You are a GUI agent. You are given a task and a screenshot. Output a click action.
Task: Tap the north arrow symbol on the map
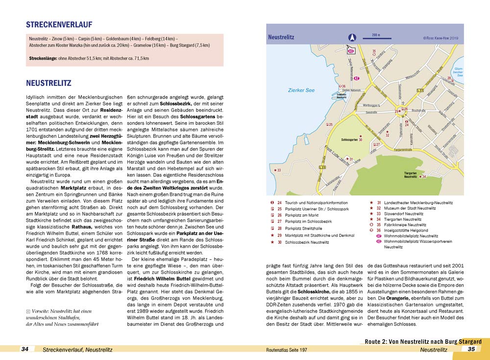351,37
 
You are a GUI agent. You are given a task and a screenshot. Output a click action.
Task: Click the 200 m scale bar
376,38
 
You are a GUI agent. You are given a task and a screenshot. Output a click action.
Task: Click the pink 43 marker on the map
350,51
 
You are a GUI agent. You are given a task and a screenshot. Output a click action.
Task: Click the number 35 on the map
374,51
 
